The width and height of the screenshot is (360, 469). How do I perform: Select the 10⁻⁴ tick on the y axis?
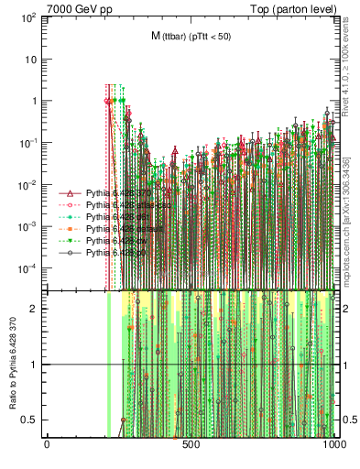point(30,268)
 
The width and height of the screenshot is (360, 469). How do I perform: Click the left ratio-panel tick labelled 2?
point(35,309)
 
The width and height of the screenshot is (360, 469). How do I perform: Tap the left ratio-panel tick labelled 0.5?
point(30,420)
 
